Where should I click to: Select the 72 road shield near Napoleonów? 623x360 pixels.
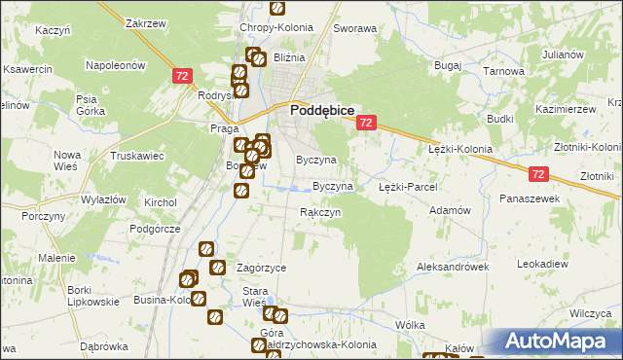[182, 75]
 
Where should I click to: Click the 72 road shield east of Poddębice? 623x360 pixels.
[366, 123]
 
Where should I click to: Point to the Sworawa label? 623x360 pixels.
[354, 28]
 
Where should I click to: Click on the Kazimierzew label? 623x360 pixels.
[565, 110]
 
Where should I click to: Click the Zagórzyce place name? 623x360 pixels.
[261, 267]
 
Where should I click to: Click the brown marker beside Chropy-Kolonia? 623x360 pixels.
[277, 9]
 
